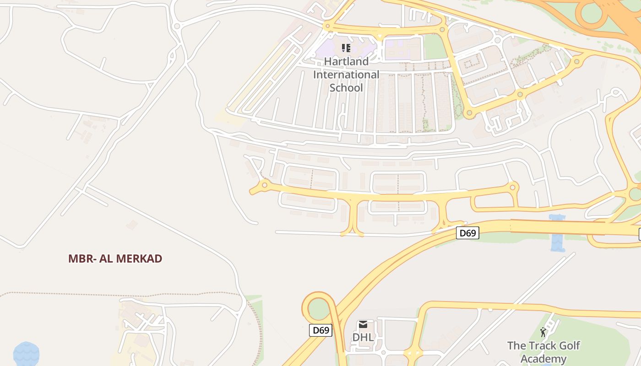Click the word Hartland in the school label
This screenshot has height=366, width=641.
click(x=346, y=61)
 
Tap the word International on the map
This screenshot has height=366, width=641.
click(x=346, y=75)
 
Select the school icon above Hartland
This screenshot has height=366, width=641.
click(x=346, y=48)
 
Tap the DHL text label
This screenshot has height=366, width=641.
click(x=363, y=338)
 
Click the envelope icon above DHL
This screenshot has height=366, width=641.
click(x=363, y=325)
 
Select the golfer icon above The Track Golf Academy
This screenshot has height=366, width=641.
click(x=543, y=332)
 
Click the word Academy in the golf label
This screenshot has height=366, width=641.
click(x=543, y=359)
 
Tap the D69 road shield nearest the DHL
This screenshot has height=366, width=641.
click(x=320, y=330)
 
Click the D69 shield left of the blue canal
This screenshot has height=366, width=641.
click(x=467, y=233)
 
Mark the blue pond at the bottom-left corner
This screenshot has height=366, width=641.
click(x=26, y=354)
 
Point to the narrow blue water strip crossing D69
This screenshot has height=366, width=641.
click(x=557, y=233)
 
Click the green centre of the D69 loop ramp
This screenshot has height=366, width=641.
click(x=319, y=309)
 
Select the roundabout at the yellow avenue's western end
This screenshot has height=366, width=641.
click(x=264, y=185)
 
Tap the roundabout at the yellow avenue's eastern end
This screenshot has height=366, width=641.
click(x=513, y=187)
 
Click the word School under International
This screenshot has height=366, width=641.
click(x=346, y=88)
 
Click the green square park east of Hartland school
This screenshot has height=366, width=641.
click(x=435, y=47)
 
